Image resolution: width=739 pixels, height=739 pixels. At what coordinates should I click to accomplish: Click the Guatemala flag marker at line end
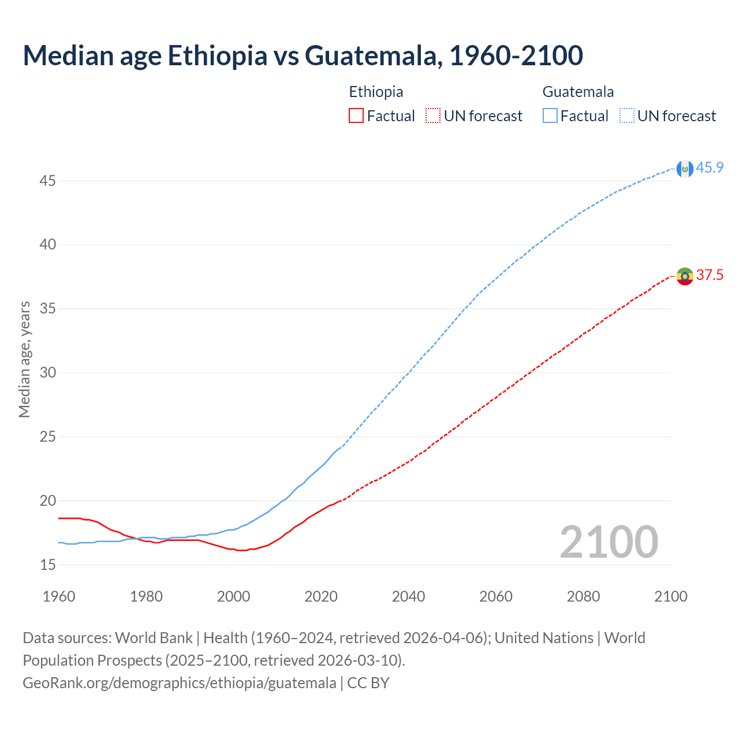pyautogui.click(x=685, y=169)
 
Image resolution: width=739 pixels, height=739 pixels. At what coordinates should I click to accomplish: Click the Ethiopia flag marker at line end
pyautogui.click(x=685, y=276)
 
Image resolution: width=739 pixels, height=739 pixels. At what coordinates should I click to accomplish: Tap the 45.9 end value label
pyautogui.click(x=710, y=168)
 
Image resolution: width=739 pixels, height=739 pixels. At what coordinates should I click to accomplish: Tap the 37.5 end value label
pyautogui.click(x=710, y=275)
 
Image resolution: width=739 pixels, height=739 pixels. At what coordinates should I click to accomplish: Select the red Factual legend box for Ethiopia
pyautogui.click(x=356, y=116)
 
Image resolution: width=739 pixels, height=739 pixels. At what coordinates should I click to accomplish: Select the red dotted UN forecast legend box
pyautogui.click(x=433, y=116)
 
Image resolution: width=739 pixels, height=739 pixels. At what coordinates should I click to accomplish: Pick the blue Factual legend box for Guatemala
pyautogui.click(x=550, y=116)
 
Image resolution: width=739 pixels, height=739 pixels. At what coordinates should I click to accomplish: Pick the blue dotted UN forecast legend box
pyautogui.click(x=627, y=116)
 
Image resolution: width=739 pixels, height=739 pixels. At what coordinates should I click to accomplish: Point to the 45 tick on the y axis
pyautogui.click(x=47, y=181)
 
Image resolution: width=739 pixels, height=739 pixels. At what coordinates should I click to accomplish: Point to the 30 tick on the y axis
pyautogui.click(x=47, y=373)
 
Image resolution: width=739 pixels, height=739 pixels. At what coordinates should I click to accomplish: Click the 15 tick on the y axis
pyautogui.click(x=47, y=565)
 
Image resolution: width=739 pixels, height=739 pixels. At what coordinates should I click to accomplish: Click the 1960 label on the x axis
pyautogui.click(x=59, y=596)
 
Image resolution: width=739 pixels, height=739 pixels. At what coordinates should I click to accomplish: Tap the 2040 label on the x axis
pyautogui.click(x=408, y=596)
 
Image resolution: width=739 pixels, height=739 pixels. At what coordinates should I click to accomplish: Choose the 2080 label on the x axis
pyautogui.click(x=583, y=596)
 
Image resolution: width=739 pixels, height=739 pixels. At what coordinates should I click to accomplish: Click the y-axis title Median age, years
pyautogui.click(x=24, y=359)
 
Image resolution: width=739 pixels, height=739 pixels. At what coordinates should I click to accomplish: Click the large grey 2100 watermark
pyautogui.click(x=609, y=542)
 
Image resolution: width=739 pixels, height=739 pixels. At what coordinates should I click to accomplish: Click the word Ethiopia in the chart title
pyautogui.click(x=218, y=55)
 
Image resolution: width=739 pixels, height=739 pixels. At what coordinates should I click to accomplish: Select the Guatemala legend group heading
pyautogui.click(x=578, y=92)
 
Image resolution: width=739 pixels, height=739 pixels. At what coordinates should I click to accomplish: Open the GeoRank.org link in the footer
pyautogui.click(x=179, y=683)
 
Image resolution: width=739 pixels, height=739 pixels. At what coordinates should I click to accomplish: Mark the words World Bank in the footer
pyautogui.click(x=154, y=638)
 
